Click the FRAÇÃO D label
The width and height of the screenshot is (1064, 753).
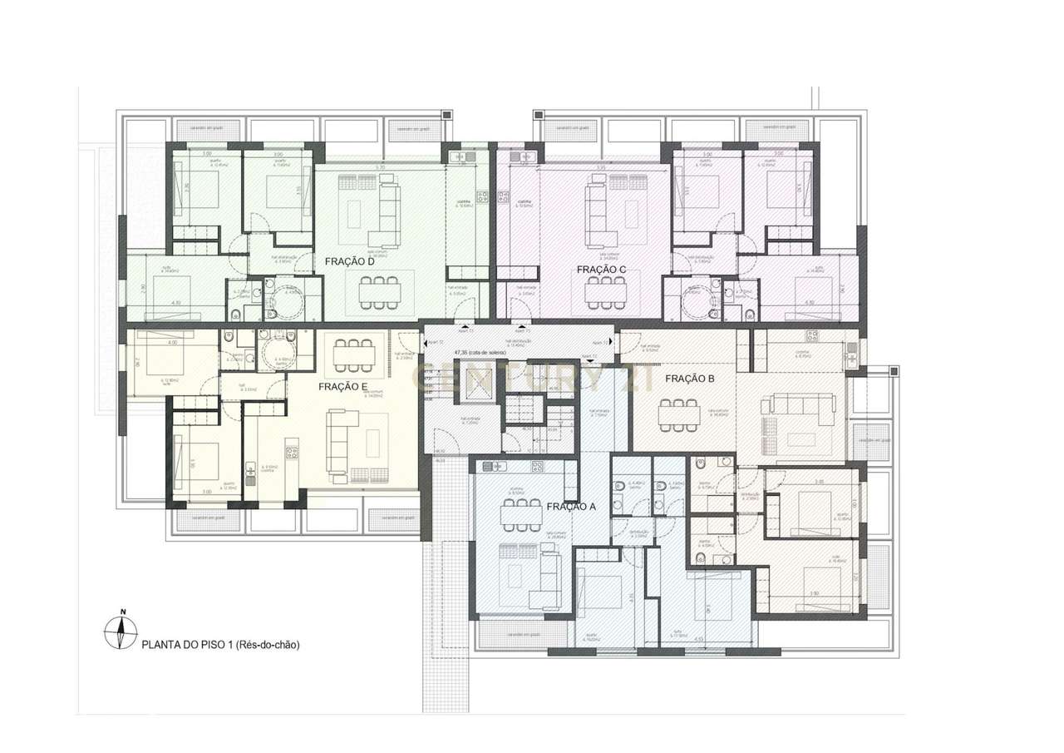pos(347,261)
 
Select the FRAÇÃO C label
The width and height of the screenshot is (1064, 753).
pos(601,270)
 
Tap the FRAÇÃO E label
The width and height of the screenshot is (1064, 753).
pos(342,387)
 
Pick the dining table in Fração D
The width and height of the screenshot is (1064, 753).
pos(379,291)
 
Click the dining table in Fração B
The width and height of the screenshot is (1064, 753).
pos(679,414)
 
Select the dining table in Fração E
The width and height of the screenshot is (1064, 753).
pos(354,355)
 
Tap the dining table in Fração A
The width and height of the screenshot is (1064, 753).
pos(521,516)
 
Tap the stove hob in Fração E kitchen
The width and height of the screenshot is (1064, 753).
pos(292,453)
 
